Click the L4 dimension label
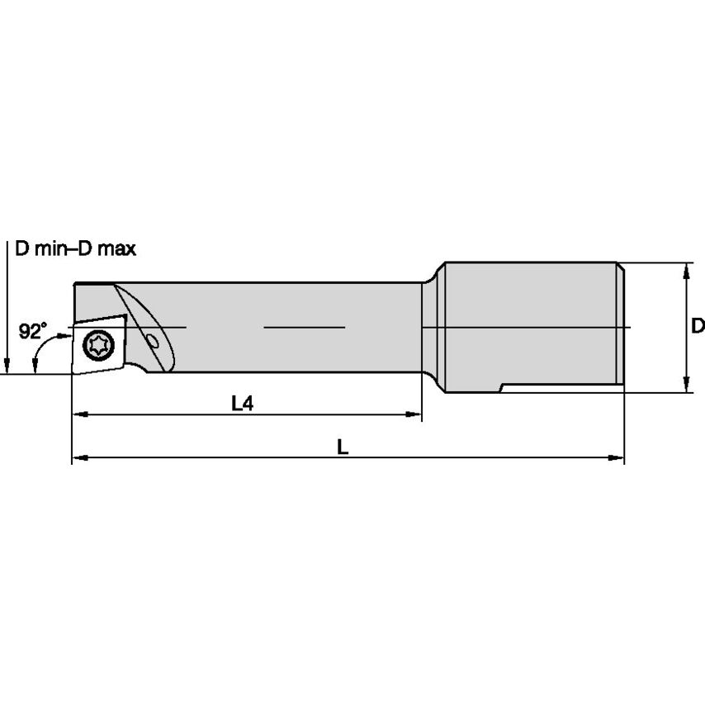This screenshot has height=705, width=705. [242, 404]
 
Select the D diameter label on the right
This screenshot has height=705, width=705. [697, 326]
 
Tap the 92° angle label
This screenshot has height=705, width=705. [32, 332]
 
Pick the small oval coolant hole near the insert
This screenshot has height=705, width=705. [153, 341]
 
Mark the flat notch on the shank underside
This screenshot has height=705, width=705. [561, 386]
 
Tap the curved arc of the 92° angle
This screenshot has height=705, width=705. [39, 357]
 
